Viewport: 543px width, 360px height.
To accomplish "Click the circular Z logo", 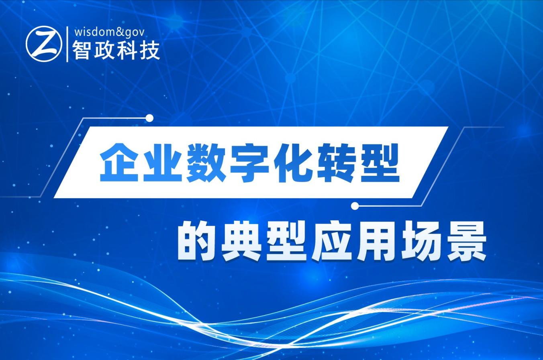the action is click(44, 44).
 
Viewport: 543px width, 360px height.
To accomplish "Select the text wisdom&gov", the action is click(109, 32).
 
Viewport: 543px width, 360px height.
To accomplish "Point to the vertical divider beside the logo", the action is click(67, 44).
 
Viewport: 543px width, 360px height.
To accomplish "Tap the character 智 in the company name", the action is click(81, 51).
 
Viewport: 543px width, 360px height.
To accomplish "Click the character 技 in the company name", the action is click(150, 51).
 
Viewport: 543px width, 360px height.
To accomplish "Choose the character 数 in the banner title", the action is click(206, 162).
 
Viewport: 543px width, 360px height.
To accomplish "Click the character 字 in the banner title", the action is click(250, 162).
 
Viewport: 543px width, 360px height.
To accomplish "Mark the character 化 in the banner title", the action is click(293, 162).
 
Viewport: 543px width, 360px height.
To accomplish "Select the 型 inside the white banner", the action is click(380, 162).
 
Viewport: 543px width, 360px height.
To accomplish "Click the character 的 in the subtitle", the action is click(196, 241).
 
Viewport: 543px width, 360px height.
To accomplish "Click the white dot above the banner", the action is click(149, 118).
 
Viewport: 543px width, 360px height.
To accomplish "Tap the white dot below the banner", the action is click(355, 206).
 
